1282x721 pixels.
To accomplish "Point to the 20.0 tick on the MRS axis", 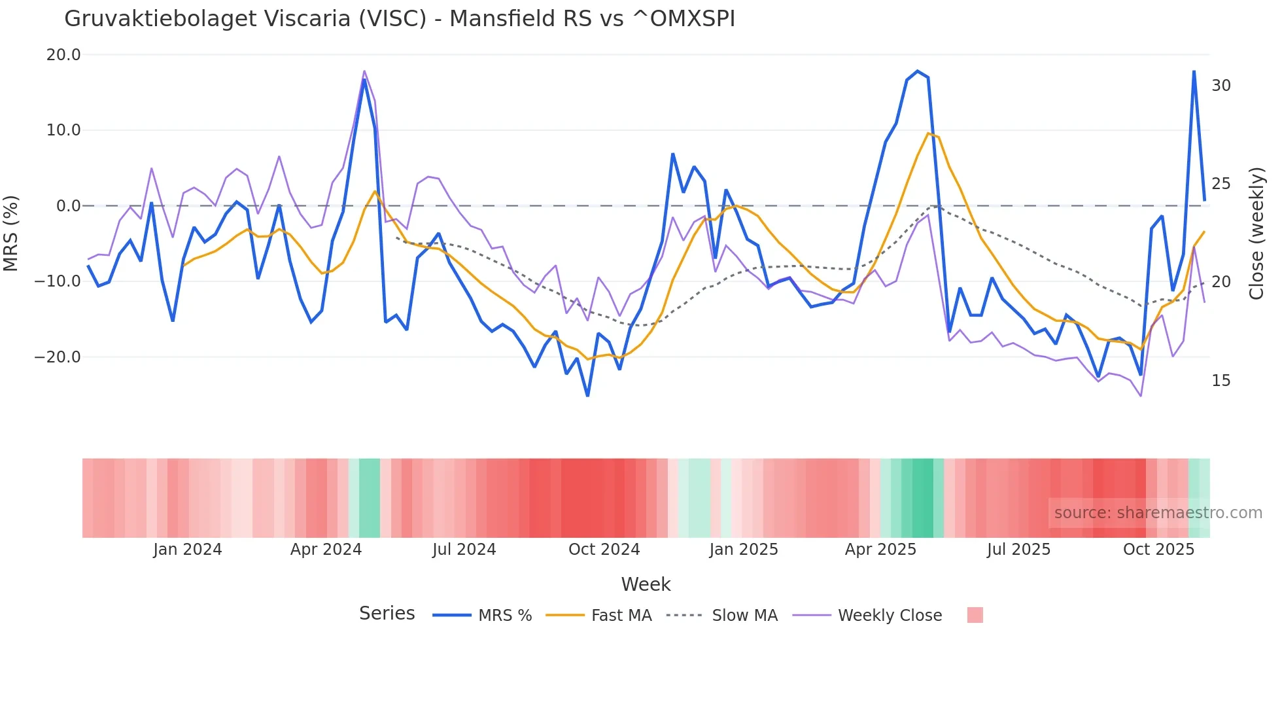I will (x=63, y=55).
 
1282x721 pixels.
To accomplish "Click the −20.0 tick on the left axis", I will (x=58, y=357).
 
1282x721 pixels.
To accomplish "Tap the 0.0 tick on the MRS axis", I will (x=68, y=206).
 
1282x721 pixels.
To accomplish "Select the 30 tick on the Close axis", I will (x=1221, y=86).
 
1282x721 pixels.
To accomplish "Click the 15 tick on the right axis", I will (x=1221, y=381).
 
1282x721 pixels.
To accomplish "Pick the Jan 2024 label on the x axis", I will (x=188, y=550).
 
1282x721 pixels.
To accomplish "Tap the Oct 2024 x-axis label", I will (x=604, y=550).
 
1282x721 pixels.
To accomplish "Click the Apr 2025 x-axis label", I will (x=880, y=550).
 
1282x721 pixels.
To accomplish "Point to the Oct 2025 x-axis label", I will (x=1158, y=550).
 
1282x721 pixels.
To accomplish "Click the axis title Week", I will (x=646, y=584).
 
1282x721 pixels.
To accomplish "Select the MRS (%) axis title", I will (x=11, y=233).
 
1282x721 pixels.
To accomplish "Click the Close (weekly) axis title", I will (x=1256, y=233).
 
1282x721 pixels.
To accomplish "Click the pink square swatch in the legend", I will (x=975, y=615).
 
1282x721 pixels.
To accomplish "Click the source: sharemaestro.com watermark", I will (x=1158, y=513).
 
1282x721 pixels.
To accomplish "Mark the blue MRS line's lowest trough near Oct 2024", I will (x=587, y=396).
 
